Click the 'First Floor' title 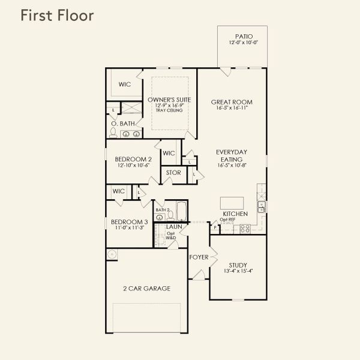[57, 16]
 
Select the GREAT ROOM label [231, 102]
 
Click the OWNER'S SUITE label [169, 100]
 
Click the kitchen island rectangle [232, 202]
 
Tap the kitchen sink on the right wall [262, 206]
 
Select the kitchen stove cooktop [245, 229]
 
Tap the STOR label [173, 173]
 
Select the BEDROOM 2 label [133, 159]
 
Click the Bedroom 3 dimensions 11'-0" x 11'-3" [129, 228]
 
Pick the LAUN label [174, 227]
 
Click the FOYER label [199, 257]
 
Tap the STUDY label [238, 265]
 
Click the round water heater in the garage [112, 254]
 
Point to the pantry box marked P [215, 227]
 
